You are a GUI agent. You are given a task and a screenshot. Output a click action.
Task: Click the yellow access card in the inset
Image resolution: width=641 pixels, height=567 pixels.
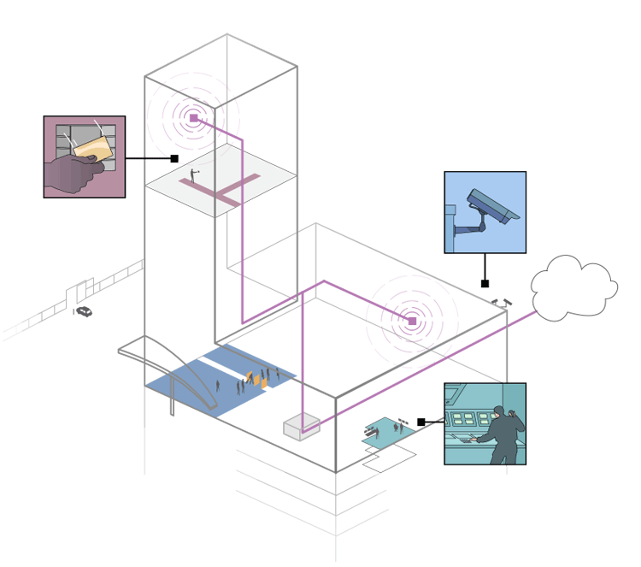coord(93,146)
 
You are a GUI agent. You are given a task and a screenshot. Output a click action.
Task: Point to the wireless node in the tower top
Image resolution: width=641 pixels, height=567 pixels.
coord(194,118)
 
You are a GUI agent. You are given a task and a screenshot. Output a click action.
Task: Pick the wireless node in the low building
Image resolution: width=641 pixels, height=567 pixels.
coord(412,322)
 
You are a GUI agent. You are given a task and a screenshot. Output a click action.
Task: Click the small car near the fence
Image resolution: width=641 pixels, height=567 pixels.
coord(84,312)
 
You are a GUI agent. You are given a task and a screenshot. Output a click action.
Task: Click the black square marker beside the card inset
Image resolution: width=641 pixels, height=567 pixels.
coord(174,158)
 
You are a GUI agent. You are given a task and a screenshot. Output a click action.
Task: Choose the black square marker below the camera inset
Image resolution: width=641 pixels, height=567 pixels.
coord(485,283)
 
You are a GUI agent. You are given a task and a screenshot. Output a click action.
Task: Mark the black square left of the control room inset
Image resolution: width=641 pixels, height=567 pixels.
coord(421,422)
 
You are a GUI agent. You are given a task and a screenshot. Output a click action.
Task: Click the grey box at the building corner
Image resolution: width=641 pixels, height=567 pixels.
coord(302,426)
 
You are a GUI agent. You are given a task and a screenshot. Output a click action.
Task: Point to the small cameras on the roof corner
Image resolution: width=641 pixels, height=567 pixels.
coord(502,302)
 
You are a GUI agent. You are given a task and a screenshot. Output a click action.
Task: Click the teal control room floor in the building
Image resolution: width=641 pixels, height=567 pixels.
coord(387,433)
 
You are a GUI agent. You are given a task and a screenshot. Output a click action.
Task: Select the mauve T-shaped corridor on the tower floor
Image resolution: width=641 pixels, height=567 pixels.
coord(218,187)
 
